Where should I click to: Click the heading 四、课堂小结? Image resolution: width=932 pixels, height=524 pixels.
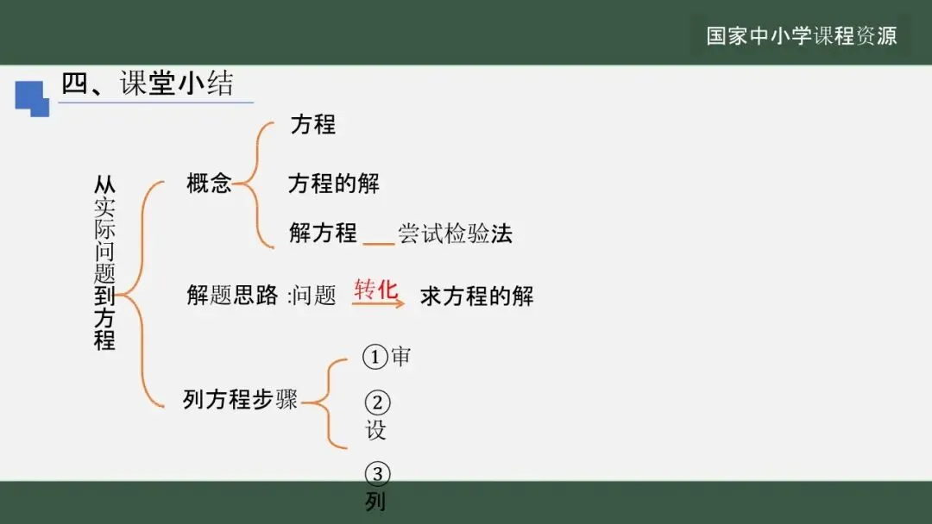148,84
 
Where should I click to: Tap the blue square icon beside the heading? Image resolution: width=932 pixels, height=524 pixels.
32,97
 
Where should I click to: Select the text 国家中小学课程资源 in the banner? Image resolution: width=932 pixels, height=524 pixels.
802,35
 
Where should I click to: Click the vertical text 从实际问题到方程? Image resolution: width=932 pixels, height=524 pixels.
104,263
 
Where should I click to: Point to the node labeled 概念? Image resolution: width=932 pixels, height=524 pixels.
209,183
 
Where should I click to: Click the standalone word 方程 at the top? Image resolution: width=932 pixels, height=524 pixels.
312,124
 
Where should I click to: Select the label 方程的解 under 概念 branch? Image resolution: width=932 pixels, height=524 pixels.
333,184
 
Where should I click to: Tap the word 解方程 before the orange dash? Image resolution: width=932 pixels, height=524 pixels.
323,233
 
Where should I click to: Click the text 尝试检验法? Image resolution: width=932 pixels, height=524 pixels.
455,234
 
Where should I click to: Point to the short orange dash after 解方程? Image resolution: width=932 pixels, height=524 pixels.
378,245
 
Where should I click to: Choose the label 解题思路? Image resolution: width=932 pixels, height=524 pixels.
232,296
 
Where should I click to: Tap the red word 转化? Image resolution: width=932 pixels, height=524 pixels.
376,289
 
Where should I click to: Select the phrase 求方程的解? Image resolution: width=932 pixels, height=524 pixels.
477,296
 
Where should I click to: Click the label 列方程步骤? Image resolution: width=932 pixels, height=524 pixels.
240,399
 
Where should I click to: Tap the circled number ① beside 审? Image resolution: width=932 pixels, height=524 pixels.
375,357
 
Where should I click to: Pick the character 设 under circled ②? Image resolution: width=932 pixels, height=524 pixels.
376,430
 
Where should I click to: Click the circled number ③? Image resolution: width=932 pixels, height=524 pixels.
377,474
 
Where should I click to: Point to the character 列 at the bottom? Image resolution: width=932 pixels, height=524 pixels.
375,502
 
